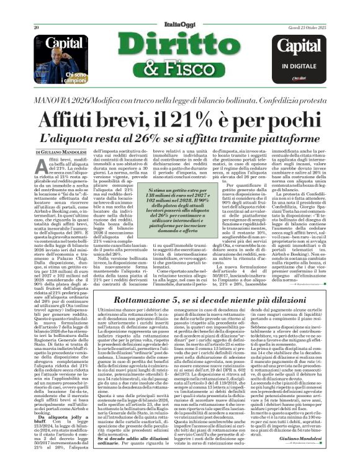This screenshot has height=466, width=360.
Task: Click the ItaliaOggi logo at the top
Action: click(x=181, y=9)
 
